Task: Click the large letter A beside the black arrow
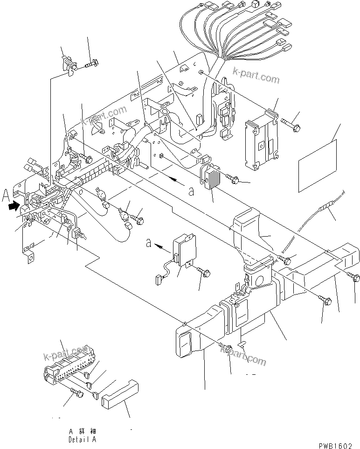click(5, 195)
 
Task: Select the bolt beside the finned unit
click(233, 177)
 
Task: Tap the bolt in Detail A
click(76, 393)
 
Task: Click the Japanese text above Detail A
click(82, 432)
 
